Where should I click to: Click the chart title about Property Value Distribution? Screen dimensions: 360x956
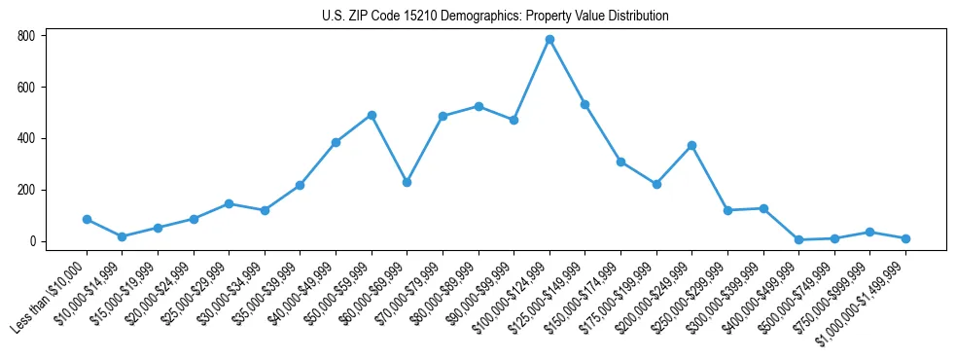click(x=495, y=17)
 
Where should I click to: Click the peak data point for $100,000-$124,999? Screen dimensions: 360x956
click(x=549, y=39)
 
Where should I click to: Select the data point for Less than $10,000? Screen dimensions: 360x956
click(x=87, y=219)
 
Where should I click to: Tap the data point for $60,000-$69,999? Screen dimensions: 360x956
click(x=407, y=182)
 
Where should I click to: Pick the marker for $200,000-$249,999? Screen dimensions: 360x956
click(x=691, y=145)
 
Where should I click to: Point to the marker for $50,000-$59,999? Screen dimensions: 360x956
click(x=372, y=115)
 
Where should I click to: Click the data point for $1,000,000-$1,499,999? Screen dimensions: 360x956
click(x=905, y=238)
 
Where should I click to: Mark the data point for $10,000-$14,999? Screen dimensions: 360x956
click(x=122, y=236)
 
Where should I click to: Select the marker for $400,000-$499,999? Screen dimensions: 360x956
click(x=798, y=239)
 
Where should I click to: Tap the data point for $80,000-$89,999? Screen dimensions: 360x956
click(x=478, y=106)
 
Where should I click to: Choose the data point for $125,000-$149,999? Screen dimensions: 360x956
click(x=584, y=104)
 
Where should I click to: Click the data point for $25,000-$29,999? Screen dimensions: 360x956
click(x=229, y=203)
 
